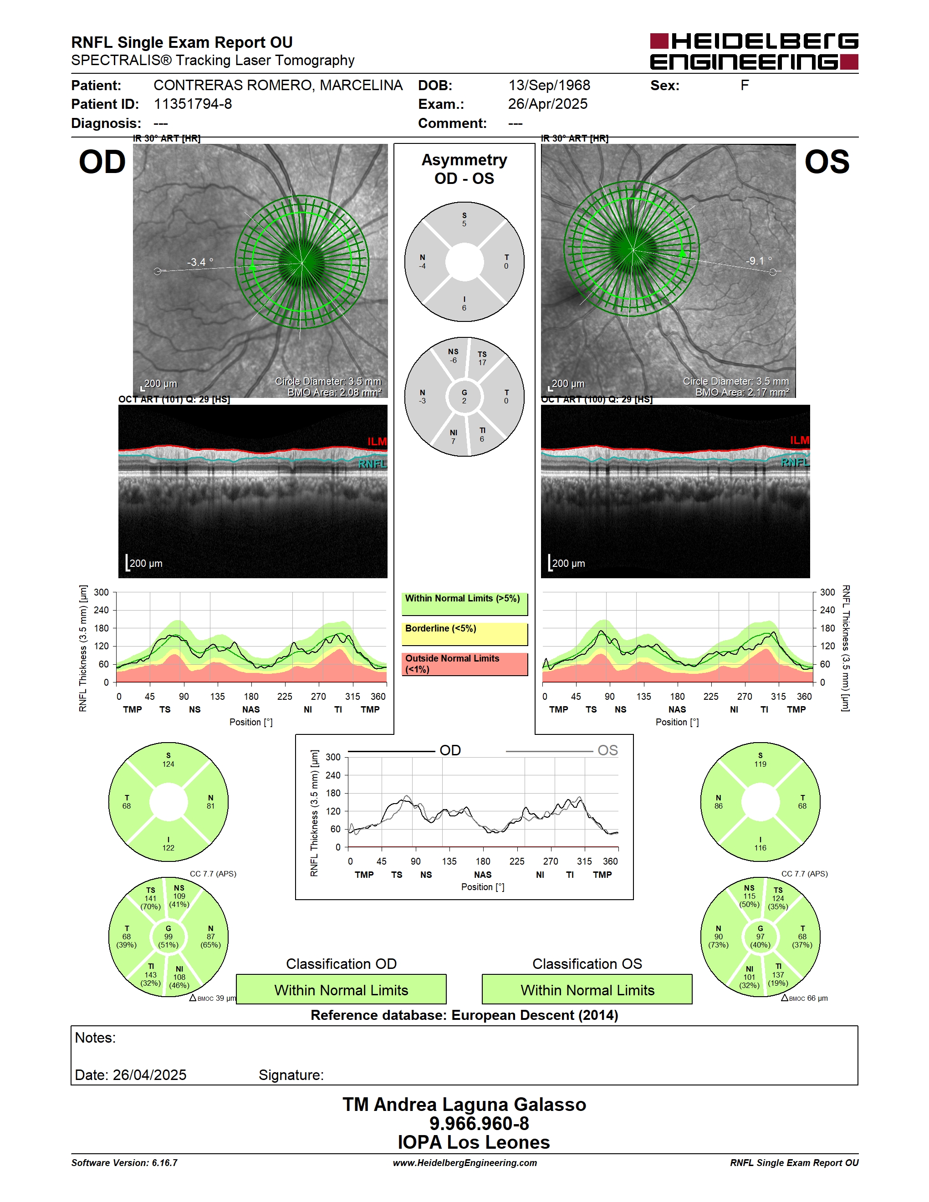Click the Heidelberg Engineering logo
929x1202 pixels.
tap(754, 51)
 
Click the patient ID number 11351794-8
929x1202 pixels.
tap(193, 104)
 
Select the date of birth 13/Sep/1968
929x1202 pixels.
tap(549, 85)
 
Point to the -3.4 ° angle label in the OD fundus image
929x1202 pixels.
tap(200, 262)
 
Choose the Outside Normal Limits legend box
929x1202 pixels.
tap(464, 664)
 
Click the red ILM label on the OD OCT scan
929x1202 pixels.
tap(377, 441)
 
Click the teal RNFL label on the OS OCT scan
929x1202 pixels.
tap(795, 462)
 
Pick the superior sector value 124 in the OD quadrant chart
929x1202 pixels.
tap(168, 764)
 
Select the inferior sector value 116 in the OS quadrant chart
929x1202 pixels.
tap(760, 848)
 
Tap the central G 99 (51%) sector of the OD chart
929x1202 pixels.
tap(168, 936)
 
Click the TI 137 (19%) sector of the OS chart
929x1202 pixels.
tap(778, 975)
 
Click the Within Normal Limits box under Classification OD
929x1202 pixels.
tap(341, 989)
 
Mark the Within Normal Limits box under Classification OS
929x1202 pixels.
tap(587, 989)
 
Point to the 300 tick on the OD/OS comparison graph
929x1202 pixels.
tap(333, 757)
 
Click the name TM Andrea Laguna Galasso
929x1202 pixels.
tap(464, 1104)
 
